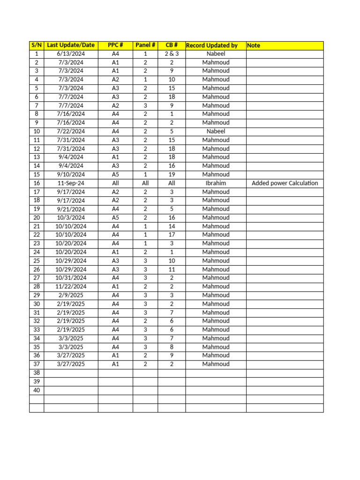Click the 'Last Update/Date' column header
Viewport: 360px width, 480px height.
click(71, 45)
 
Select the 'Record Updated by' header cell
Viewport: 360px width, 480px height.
click(212, 45)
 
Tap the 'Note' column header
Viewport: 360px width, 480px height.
click(254, 45)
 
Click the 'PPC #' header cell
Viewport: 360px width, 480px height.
click(115, 45)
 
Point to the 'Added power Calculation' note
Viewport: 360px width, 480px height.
click(285, 183)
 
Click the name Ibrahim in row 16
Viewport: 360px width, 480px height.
click(216, 183)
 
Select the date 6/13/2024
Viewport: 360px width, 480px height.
click(71, 54)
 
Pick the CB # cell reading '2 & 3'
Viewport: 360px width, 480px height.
click(172, 54)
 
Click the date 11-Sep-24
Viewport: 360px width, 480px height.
click(71, 183)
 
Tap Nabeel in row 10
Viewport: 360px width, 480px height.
click(216, 132)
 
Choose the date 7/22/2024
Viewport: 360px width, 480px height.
click(71, 132)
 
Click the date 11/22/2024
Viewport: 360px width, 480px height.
click(71, 286)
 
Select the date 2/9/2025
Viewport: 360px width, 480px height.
click(71, 295)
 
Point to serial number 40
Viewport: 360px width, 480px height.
click(37, 390)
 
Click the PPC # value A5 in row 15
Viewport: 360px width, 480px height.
click(115, 174)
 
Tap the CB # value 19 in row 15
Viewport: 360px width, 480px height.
click(172, 174)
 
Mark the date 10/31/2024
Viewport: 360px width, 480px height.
click(71, 278)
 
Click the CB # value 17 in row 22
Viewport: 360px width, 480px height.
click(172, 235)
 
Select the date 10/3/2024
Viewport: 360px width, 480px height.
click(71, 217)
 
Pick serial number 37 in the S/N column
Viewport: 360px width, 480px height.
click(37, 364)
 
